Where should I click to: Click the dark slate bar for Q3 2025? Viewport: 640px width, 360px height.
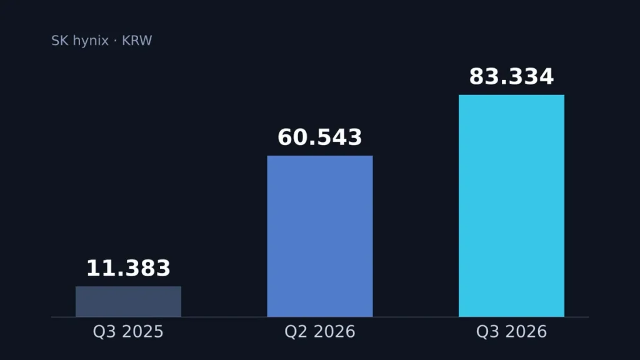[x=128, y=301]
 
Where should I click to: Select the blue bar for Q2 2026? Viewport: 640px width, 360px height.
[x=320, y=236]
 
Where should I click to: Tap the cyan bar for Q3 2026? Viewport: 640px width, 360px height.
[x=511, y=206]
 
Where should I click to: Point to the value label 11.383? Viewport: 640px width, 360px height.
[x=128, y=268]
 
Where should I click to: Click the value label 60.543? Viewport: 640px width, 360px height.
[x=320, y=137]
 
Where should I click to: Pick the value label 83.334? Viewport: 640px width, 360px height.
[x=511, y=76]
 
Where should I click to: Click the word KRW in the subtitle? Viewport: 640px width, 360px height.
[x=137, y=41]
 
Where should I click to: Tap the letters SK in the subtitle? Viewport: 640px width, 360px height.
[x=59, y=41]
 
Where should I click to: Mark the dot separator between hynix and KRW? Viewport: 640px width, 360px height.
[x=115, y=41]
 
